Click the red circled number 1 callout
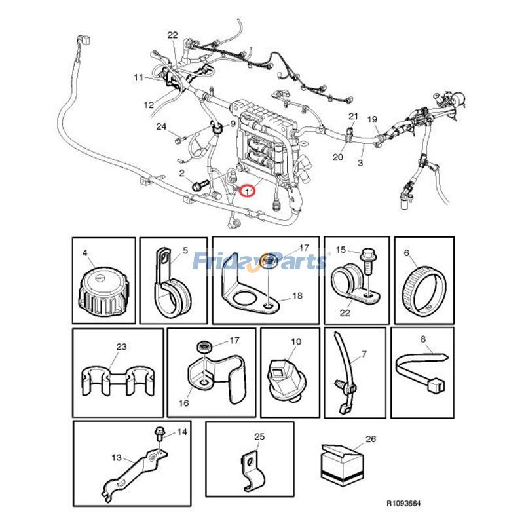(x=248, y=191)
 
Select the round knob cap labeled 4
(x=103, y=293)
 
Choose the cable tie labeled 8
(x=422, y=370)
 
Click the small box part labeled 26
(x=341, y=466)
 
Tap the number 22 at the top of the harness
(x=172, y=35)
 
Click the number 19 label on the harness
(x=372, y=119)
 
